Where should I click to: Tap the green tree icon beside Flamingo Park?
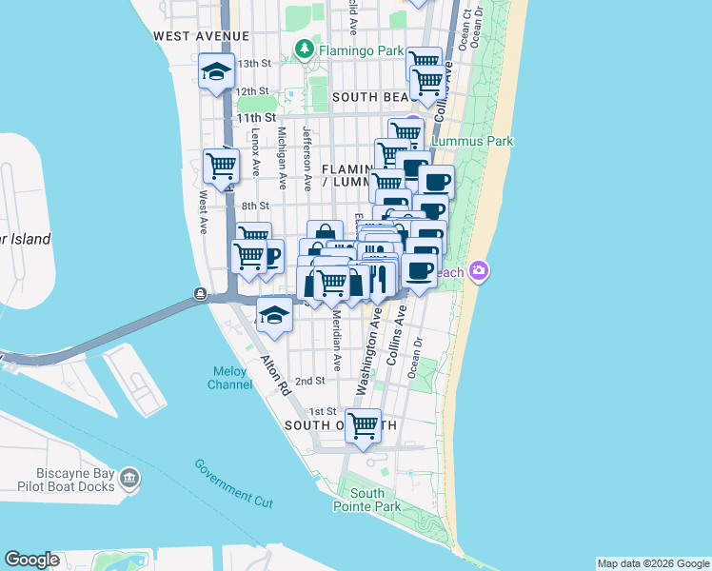pos(305,47)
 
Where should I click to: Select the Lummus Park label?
pos(472,141)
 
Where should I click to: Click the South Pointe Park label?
pos(367,500)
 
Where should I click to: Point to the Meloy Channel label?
pos(230,378)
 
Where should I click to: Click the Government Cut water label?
pos(233,482)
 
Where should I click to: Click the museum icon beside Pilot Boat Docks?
pos(129,478)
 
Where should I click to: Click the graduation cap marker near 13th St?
pos(217,71)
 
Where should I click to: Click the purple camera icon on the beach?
pos(479,272)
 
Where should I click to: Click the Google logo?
pos(31,560)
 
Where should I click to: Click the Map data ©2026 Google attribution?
pos(653,563)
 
